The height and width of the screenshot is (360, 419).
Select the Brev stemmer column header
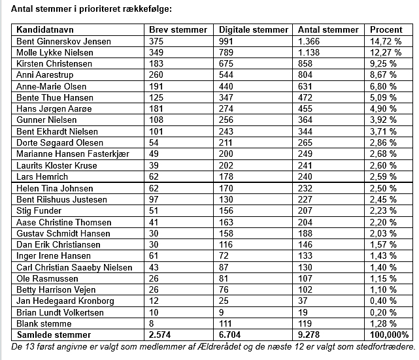point(178,29)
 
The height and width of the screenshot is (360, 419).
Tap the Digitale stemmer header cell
point(254,29)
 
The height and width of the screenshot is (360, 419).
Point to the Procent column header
point(386,29)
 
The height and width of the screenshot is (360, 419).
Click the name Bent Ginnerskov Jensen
point(63,41)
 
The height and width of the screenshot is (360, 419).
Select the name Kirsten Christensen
point(53,64)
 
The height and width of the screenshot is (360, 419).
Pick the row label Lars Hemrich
point(42,176)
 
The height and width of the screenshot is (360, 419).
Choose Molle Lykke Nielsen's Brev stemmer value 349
point(157,52)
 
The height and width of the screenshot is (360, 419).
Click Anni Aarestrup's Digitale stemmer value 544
point(227,75)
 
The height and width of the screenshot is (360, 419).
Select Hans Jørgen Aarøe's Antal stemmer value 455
point(306,109)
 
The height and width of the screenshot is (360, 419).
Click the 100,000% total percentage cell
point(388,335)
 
